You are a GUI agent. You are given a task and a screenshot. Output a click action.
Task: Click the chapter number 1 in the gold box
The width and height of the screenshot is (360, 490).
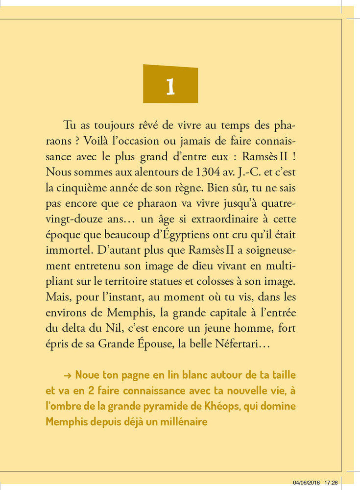(x=170, y=86)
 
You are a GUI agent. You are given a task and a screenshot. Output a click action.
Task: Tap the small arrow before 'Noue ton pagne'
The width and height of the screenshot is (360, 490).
(x=68, y=375)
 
